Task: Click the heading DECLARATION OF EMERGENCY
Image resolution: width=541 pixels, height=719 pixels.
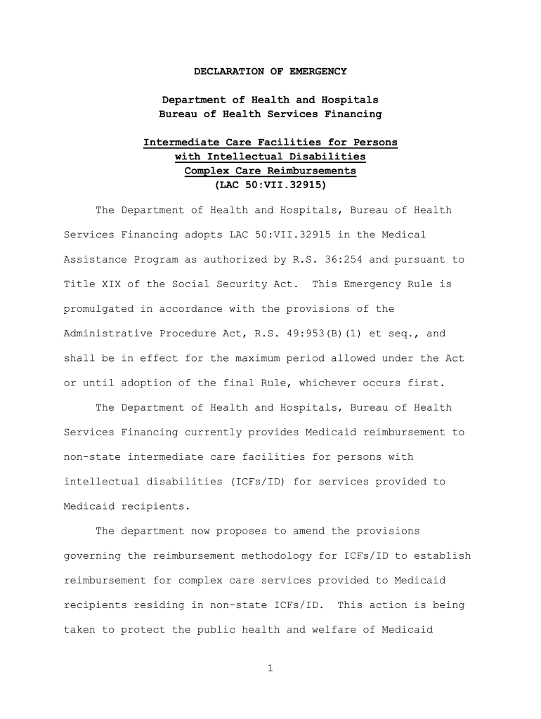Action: click(270, 72)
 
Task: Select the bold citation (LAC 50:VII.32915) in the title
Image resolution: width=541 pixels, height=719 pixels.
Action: click(270, 185)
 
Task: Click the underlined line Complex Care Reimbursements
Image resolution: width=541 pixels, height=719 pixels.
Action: click(270, 171)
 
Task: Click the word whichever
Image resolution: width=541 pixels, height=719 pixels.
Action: click(325, 383)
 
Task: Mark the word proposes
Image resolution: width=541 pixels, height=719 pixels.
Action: click(242, 531)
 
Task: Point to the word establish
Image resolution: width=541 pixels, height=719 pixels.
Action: click(443, 556)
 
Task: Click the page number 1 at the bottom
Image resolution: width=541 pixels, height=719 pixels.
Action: click(270, 668)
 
